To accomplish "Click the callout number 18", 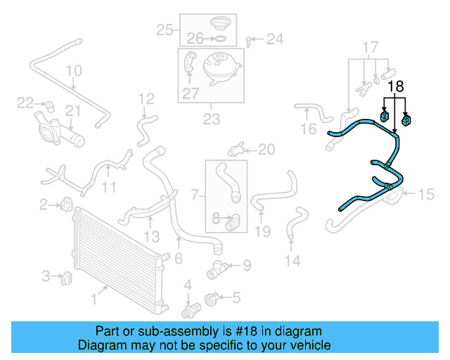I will (396, 87).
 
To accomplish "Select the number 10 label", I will (74, 71).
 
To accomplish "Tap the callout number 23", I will (212, 119).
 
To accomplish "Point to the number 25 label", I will (165, 30).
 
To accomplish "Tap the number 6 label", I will (179, 259).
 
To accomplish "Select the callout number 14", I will (292, 262).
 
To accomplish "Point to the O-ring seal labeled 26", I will (219, 38).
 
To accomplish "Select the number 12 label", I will (146, 98).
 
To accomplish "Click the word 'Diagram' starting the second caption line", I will (101, 345).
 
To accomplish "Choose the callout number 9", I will (246, 266).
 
